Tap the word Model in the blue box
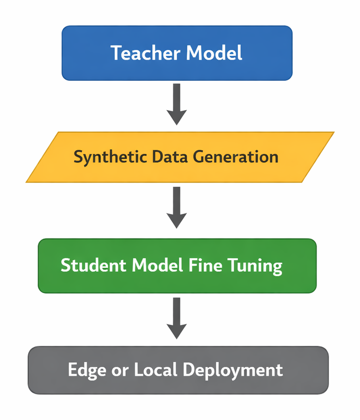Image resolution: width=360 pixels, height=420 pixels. coord(214,53)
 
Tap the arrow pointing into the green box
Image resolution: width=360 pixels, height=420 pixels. coord(177,208)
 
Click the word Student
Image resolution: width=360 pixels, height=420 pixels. coord(93,266)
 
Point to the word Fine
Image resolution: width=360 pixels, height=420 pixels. coord(205,266)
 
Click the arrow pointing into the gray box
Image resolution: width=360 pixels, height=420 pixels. coord(177,318)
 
